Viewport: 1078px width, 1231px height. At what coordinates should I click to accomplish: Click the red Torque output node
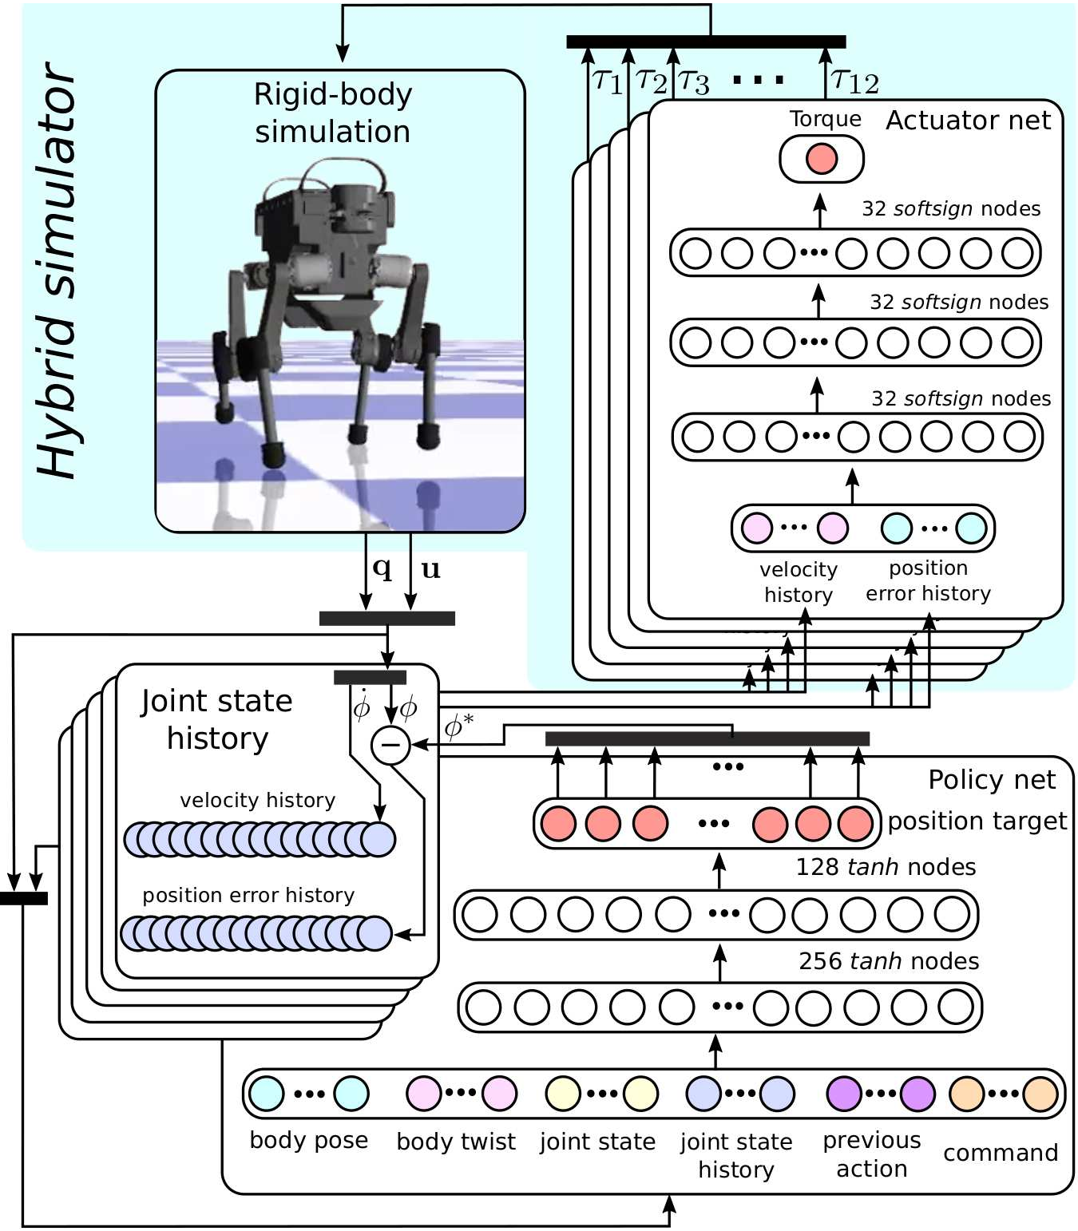pos(821,159)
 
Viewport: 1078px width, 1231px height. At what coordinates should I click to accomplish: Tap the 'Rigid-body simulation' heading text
pos(333,113)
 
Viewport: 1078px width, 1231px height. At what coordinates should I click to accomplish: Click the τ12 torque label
pos(855,80)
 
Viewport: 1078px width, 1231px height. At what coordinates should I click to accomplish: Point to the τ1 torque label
pos(608,80)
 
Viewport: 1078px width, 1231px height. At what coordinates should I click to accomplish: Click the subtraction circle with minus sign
pos(390,745)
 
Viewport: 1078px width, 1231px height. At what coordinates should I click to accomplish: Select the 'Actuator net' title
pos(968,121)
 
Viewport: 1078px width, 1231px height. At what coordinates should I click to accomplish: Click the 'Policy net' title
pos(991,780)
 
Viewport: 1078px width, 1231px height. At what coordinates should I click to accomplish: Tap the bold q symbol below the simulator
pos(382,568)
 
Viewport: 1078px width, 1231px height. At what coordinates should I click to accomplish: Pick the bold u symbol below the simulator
pos(431,568)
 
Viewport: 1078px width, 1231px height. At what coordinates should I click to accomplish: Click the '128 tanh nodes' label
pos(886,867)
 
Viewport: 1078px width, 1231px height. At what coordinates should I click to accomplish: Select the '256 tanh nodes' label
pos(889,961)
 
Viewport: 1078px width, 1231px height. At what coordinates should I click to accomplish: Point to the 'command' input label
pos(1001,1153)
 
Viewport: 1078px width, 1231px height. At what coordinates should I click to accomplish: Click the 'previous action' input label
pos(871,1154)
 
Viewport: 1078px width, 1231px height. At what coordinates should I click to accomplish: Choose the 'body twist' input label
pos(456,1142)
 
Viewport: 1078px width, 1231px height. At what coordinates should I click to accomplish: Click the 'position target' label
pos(977,821)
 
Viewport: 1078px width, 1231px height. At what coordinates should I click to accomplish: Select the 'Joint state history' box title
pos(216,719)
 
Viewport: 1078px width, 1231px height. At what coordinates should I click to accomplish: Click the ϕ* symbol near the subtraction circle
pos(458,726)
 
